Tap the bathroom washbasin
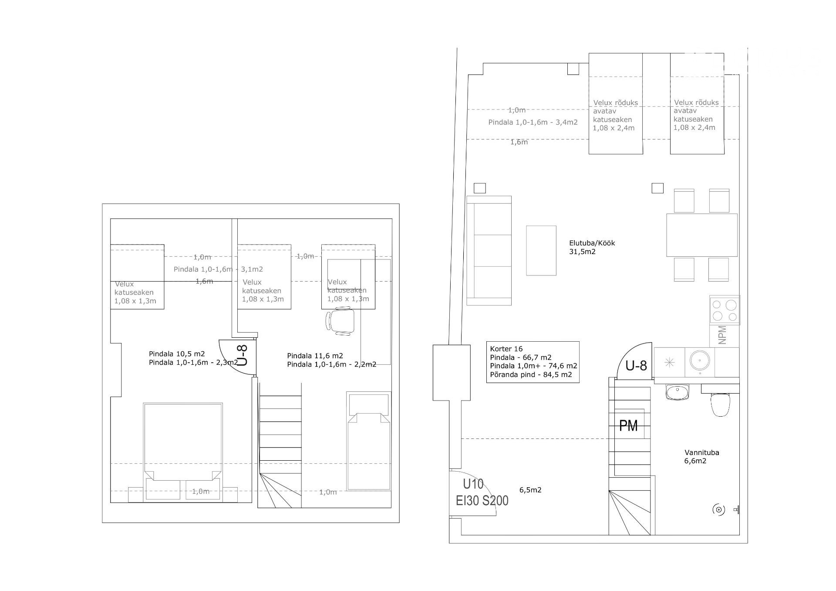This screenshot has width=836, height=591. (678, 392)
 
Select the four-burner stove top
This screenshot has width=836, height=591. (725, 310)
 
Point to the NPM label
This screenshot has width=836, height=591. (722, 335)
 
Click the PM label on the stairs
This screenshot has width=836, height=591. (628, 425)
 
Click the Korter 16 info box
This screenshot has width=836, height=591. (533, 362)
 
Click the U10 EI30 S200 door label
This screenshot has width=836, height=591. (482, 492)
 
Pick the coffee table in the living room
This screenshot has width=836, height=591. (541, 251)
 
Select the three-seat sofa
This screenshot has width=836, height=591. (489, 251)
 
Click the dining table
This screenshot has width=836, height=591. (702, 235)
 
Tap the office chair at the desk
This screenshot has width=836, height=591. (340, 321)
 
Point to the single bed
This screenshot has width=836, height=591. (368, 441)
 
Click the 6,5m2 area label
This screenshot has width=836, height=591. (530, 490)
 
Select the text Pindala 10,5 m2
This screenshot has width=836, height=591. (177, 354)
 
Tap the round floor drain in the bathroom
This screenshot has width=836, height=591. (718, 509)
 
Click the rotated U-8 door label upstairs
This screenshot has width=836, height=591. (243, 356)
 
